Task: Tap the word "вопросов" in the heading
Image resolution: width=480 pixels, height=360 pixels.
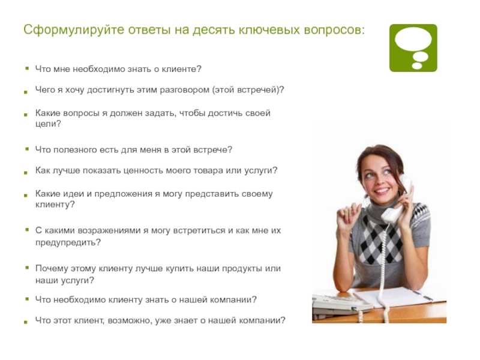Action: (334, 30)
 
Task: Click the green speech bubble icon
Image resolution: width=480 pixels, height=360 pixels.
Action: (413, 48)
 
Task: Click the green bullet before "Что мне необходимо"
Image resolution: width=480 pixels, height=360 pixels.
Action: (27, 68)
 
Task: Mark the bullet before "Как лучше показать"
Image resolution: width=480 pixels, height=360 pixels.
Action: (26, 173)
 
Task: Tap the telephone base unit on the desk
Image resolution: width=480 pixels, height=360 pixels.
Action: (340, 305)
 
